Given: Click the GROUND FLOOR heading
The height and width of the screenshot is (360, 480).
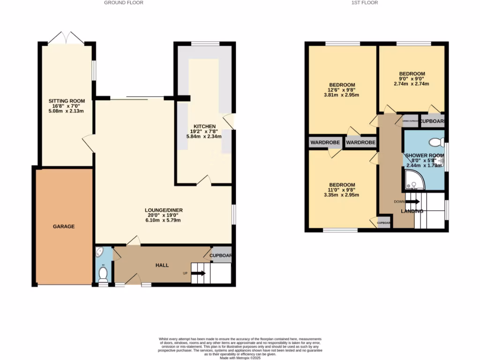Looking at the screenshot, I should point(123,3).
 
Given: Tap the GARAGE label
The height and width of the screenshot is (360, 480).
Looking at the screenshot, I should point(63,226).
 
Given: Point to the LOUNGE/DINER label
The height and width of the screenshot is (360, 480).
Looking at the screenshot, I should point(164,210).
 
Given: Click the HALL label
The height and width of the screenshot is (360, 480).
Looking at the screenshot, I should point(162,265).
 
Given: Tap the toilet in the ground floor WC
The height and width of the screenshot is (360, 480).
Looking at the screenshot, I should point(103,274).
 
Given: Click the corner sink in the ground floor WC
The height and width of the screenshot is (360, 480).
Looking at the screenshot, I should point(100,254).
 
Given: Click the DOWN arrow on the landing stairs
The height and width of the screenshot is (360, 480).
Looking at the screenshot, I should point(412,202).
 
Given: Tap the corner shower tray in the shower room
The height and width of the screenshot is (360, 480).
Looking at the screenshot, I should point(413,181).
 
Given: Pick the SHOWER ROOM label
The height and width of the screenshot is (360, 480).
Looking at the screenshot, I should point(424,155).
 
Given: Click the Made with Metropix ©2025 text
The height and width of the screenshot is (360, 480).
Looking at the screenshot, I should point(240,358).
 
